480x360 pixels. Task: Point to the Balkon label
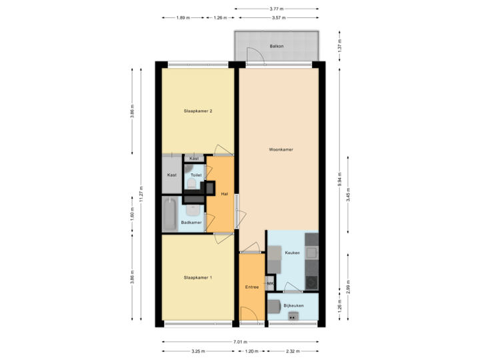[276, 46]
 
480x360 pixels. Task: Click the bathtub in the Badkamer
[169, 214]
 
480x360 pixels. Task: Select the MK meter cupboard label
[270, 284]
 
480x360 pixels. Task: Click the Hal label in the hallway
[225, 194]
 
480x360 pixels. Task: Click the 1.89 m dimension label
[181, 18]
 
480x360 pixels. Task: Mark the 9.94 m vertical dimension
[341, 179]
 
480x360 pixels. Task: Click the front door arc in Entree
[246, 313]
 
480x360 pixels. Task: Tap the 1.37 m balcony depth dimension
[340, 46]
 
